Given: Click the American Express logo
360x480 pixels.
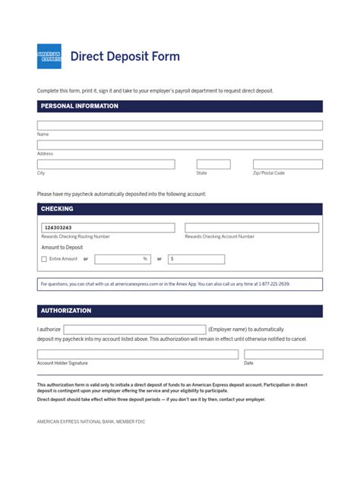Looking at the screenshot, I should point(49,56).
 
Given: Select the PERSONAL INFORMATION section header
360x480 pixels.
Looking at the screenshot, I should point(80,106).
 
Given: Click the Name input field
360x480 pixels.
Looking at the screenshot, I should point(180,125).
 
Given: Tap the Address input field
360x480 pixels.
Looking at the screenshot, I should point(180,145).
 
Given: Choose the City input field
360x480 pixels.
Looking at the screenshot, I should point(106,164).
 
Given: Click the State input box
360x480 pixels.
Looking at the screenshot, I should point(213,164).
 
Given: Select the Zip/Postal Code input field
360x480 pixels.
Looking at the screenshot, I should point(288,164).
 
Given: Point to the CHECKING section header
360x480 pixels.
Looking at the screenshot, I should point(57,209).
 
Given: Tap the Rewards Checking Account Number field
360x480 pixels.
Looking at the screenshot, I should point(252,228).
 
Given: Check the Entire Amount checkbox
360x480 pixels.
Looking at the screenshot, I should point(44,259).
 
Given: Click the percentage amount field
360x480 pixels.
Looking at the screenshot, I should point(122,259).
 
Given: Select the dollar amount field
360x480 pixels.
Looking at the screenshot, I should point(197,259).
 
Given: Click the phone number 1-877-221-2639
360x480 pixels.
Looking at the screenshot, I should point(273,284).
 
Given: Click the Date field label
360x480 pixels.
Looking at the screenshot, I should point(248,363).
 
